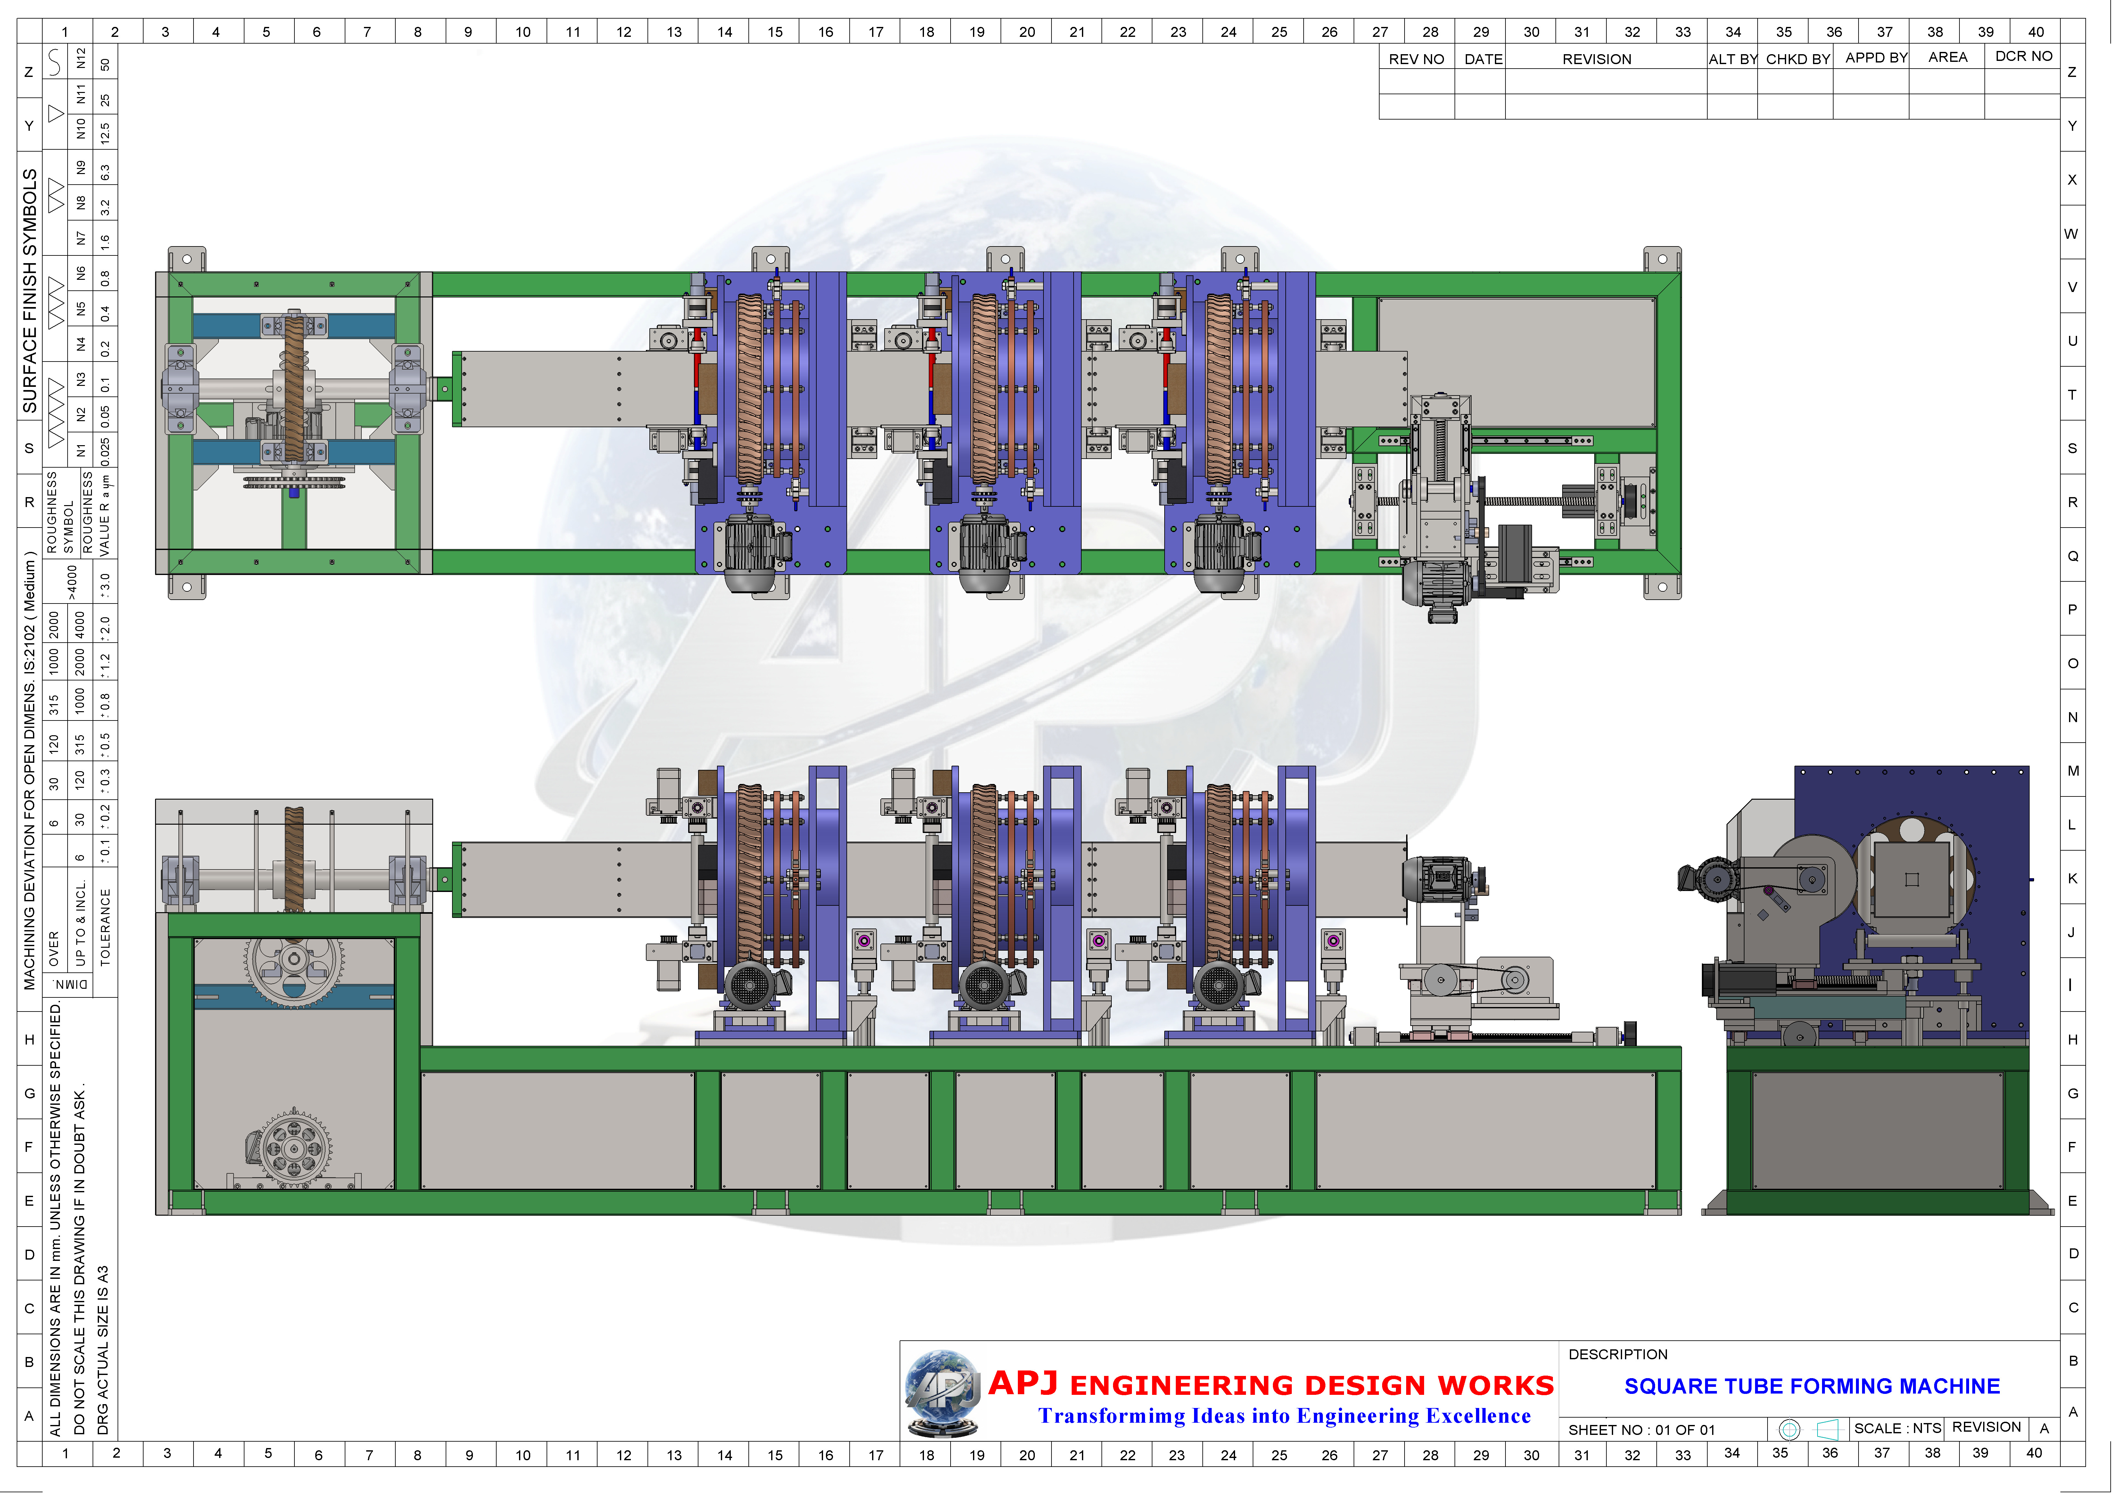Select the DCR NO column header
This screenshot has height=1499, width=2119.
coord(2023,56)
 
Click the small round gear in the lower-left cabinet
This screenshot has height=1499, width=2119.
coord(293,1148)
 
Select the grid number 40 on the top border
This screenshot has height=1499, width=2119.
coord(2036,31)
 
